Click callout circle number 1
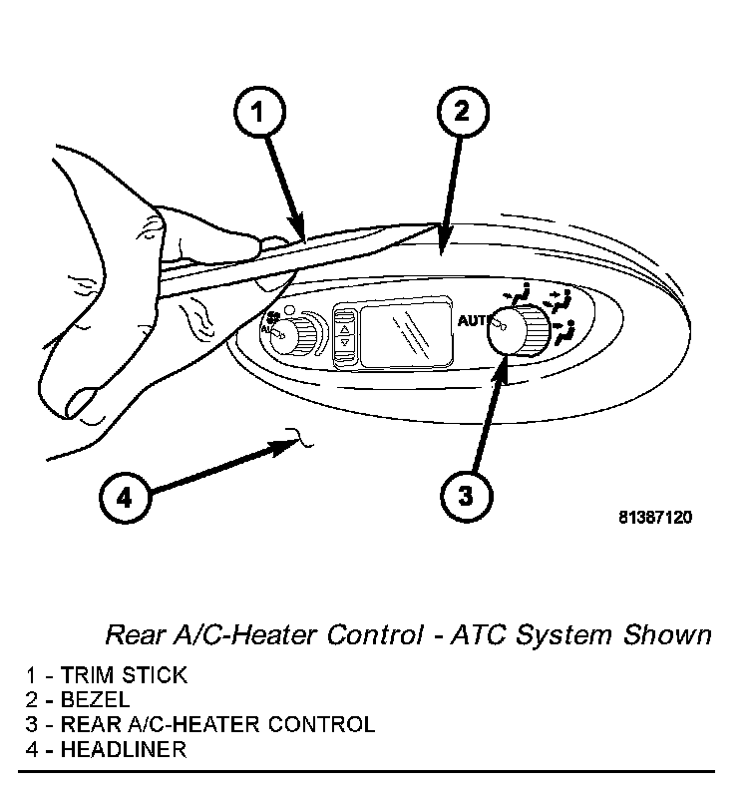[259, 112]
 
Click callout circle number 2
[463, 112]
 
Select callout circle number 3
[467, 496]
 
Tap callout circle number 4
[125, 498]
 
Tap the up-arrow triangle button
[345, 329]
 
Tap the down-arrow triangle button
[345, 342]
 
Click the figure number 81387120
[655, 517]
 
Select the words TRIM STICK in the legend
[124, 675]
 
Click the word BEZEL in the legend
[95, 699]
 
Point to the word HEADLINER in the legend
[124, 749]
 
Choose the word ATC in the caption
[478, 634]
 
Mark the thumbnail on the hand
[82, 404]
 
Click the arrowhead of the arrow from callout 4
[285, 446]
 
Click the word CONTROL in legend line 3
[321, 724]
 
